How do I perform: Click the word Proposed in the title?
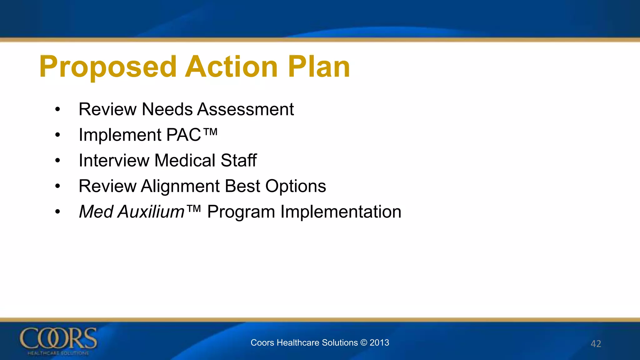point(108,67)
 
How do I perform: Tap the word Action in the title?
point(231,67)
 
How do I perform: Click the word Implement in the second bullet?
point(120,135)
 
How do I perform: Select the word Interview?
point(114,161)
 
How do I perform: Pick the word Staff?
point(239,161)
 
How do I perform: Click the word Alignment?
point(180,186)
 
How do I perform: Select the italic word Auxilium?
point(151,212)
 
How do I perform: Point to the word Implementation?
point(341,212)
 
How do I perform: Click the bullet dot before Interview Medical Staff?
point(57,161)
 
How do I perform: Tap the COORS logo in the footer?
point(58,341)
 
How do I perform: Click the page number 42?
point(596,344)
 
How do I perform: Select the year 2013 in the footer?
point(379,343)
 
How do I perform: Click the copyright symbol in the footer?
point(363,343)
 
